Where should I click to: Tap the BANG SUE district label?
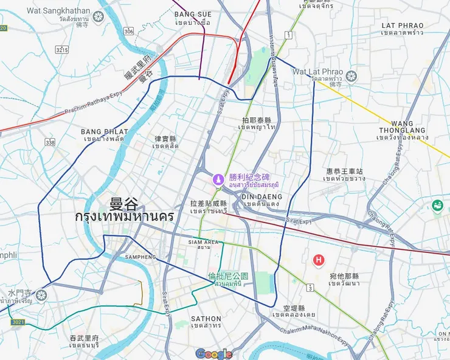pyautogui.click(x=193, y=14)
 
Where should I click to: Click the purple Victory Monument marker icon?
pyautogui.click(x=218, y=180)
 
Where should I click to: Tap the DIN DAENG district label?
pyautogui.click(x=261, y=197)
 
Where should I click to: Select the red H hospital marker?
pyautogui.click(x=317, y=260)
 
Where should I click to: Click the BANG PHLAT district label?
pyautogui.click(x=105, y=131)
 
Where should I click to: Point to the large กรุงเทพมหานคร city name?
pyautogui.click(x=124, y=217)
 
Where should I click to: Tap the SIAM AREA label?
pyautogui.click(x=203, y=242)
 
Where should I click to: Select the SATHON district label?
pyautogui.click(x=206, y=319)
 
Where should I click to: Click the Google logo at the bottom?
pyautogui.click(x=214, y=353)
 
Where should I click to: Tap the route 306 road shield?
pyautogui.click(x=128, y=31)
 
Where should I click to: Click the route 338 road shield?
pyautogui.click(x=49, y=142)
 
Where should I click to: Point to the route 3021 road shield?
pyautogui.click(x=18, y=322)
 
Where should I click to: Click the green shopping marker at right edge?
pyautogui.click(x=437, y=206)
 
